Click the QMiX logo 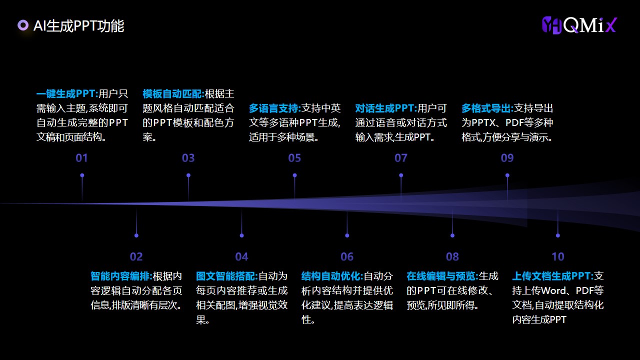coord(579,25)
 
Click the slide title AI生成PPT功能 coord(78,26)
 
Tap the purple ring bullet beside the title coord(23,25)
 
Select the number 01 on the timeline coord(81,158)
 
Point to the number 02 coord(136,256)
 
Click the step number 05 coord(294,158)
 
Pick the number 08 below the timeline coord(452,256)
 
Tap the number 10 coord(557,256)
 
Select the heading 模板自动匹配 coord(172,93)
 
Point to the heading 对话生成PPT coord(385,108)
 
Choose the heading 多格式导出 coord(486,108)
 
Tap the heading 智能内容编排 coord(120,276)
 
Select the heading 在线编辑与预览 coord(441,276)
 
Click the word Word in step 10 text coord(553,290)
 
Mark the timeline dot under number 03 coord(188,175)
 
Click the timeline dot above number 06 coord(347,235)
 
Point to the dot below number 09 coord(507,175)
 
